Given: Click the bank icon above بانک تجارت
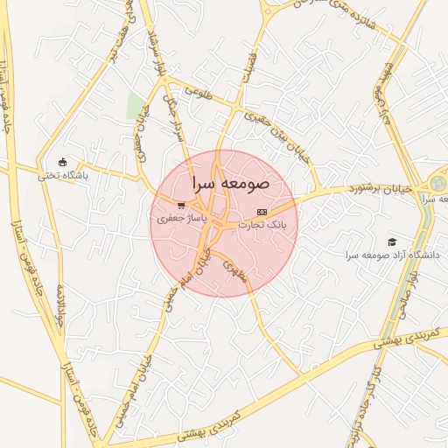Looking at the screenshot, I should [262, 213].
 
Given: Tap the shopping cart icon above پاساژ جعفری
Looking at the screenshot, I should [181, 206].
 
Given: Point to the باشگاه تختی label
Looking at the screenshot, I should [62, 175].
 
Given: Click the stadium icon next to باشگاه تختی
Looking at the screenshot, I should [61, 162].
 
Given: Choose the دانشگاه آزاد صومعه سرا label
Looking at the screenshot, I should [392, 255].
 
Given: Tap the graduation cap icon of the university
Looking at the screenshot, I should [392, 241].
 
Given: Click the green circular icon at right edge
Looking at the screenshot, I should [437, 184].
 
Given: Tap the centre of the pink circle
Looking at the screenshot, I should [224, 223].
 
